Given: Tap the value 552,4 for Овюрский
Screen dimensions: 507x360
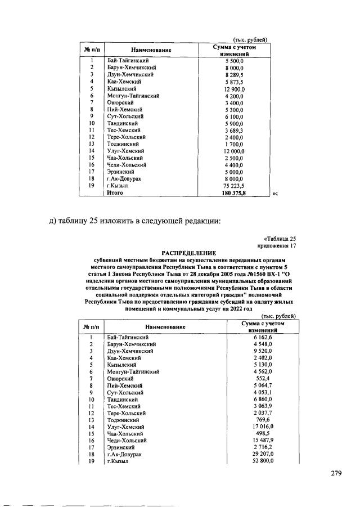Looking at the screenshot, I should pos(263,378).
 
